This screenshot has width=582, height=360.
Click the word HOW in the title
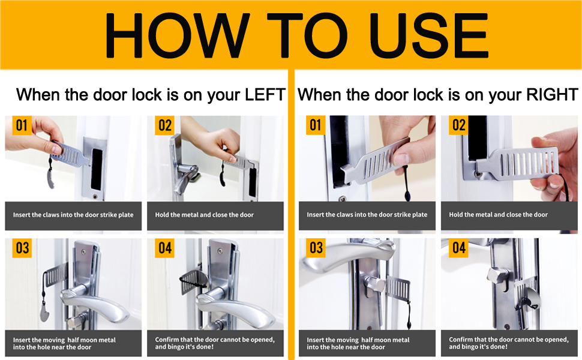[178, 35]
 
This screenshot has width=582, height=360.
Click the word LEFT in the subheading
[265, 95]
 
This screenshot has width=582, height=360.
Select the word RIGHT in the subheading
[553, 95]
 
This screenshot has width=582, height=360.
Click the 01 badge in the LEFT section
[22, 125]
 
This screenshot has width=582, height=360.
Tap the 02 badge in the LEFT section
[165, 125]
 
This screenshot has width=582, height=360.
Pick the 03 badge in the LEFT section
[22, 248]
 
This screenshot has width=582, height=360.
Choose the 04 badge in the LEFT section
[165, 248]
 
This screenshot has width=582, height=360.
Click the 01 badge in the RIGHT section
[316, 125]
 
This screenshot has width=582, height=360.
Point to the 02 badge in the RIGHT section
[459, 125]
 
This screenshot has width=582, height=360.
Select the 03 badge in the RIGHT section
[316, 248]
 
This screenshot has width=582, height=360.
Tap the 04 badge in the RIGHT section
[459, 248]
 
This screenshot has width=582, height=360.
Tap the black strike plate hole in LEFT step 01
[97, 169]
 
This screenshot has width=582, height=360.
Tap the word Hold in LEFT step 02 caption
[162, 215]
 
